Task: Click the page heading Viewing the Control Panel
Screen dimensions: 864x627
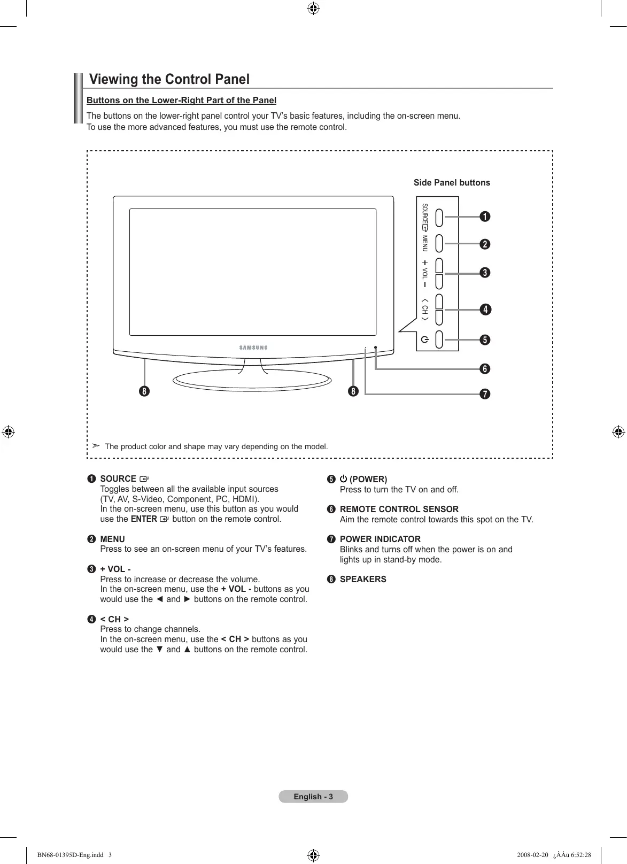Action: point(169,80)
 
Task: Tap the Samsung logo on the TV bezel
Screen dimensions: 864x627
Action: point(253,348)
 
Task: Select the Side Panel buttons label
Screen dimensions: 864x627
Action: point(452,183)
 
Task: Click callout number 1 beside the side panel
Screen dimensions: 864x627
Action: point(484,217)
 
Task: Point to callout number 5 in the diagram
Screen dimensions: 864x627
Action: point(484,340)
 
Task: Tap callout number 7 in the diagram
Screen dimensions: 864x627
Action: point(484,395)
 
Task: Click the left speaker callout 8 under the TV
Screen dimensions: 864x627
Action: point(144,391)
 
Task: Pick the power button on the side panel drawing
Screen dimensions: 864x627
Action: point(439,340)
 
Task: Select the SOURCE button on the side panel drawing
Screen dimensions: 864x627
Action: point(439,217)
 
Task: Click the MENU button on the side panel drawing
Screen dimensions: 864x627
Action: point(439,243)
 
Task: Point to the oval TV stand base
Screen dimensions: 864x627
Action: point(252,380)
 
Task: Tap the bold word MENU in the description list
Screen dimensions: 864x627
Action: point(112,539)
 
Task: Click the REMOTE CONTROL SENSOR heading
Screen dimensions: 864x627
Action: point(399,509)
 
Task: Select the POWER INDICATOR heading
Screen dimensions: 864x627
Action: point(380,539)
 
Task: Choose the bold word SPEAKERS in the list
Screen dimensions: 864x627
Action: point(363,579)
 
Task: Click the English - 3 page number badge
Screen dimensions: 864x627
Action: point(313,797)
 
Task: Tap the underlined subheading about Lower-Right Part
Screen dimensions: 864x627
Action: point(181,101)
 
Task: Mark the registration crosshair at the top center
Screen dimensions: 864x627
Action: point(314,9)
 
